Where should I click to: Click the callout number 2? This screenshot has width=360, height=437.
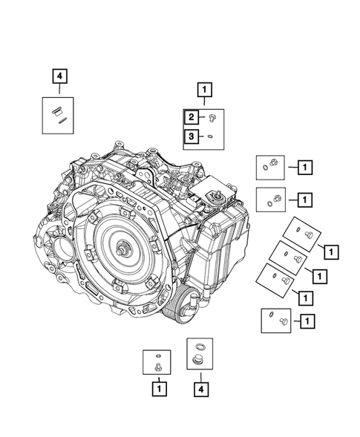[x=192, y=117]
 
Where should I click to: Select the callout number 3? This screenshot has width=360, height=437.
[x=192, y=137]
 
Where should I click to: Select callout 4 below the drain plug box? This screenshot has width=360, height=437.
[x=199, y=387]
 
